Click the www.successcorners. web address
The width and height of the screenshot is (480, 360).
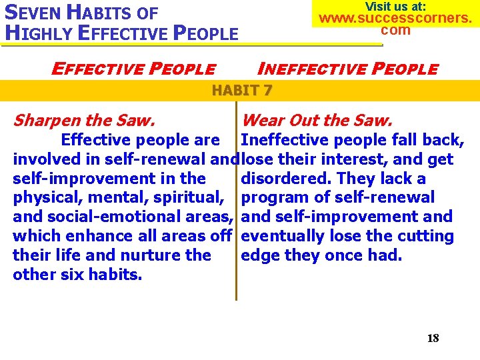[x=395, y=18]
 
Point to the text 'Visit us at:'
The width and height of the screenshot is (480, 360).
[x=395, y=6]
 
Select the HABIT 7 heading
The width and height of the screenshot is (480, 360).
[x=241, y=90]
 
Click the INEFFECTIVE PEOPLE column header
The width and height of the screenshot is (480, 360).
[x=347, y=69]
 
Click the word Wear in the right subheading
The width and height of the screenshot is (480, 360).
[x=261, y=121]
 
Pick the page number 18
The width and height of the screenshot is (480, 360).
[x=433, y=338]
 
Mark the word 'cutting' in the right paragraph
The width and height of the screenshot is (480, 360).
[x=425, y=236]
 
